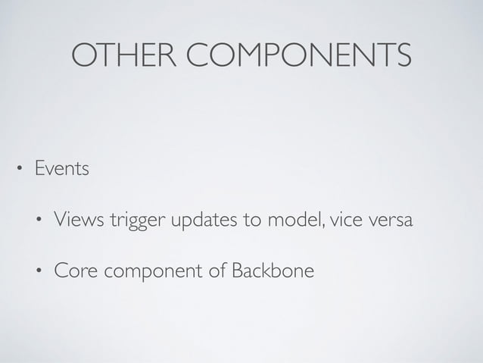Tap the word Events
click(61, 168)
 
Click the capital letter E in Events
click(37, 168)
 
